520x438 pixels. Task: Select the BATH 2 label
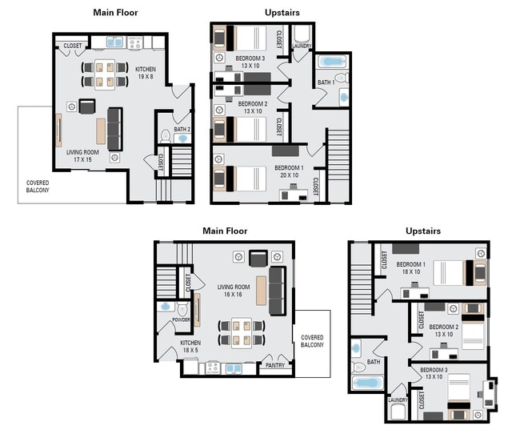pos(182,129)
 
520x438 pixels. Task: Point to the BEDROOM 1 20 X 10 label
pos(286,171)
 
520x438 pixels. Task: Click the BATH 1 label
pos(326,82)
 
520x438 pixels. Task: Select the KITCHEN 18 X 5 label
pos(190,347)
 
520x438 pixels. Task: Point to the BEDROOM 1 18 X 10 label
pos(411,268)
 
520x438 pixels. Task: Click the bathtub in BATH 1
pos(330,62)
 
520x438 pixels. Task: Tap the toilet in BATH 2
pos(166,136)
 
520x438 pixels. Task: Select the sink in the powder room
pos(166,306)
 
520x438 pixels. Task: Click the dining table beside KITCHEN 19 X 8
pos(104,74)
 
